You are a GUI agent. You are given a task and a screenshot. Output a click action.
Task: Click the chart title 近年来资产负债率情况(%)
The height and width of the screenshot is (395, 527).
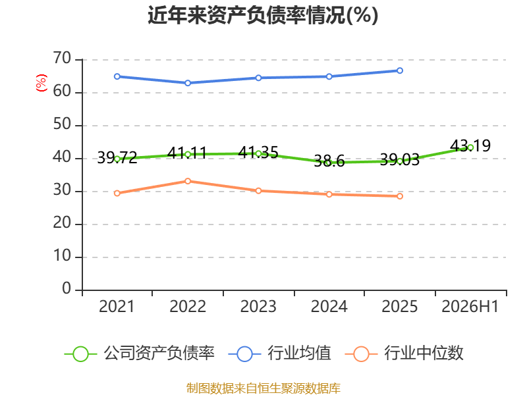click(x=263, y=15)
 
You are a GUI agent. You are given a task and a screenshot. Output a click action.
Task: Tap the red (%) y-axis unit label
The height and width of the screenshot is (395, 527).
click(x=42, y=83)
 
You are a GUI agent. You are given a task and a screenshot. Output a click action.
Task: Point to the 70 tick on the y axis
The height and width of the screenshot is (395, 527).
click(x=62, y=59)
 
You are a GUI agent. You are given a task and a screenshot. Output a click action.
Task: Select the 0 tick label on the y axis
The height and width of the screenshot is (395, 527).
click(x=67, y=289)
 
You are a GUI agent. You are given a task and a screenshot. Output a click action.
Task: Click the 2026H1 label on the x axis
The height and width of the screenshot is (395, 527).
click(x=470, y=306)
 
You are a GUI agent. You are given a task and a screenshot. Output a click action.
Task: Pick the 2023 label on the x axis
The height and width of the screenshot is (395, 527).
click(x=258, y=306)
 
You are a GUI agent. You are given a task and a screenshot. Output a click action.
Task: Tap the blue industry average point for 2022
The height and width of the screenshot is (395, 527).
click(x=188, y=83)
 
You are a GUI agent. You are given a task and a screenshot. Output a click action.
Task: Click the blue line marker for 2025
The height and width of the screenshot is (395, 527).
click(x=400, y=70)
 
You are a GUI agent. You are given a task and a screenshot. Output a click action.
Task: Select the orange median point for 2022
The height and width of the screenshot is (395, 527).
click(x=188, y=182)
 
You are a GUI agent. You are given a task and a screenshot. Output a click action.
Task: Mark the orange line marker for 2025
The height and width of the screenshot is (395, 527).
click(x=400, y=196)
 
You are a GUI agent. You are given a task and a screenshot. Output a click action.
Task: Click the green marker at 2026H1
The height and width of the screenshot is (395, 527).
click(x=470, y=147)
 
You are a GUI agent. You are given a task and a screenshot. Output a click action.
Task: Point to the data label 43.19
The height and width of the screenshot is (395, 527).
click(x=470, y=145)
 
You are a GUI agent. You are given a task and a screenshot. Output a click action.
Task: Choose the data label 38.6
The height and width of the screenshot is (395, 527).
click(x=329, y=161)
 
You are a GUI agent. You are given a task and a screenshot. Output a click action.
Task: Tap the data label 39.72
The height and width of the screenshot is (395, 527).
click(x=117, y=157)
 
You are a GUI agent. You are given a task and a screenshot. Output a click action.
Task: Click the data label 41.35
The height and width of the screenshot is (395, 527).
click(x=258, y=153)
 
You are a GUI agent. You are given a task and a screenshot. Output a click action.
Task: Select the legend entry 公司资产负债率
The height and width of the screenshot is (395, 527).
click(x=139, y=354)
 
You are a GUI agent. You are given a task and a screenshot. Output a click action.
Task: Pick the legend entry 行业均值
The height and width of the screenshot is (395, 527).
click(x=279, y=354)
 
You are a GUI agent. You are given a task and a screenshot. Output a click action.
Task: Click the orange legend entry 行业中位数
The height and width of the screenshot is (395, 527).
click(x=404, y=354)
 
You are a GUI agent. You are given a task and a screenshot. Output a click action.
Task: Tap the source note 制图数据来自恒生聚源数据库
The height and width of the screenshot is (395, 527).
click(x=263, y=388)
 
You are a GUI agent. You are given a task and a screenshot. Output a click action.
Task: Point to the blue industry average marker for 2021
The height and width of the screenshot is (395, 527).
click(x=117, y=76)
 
